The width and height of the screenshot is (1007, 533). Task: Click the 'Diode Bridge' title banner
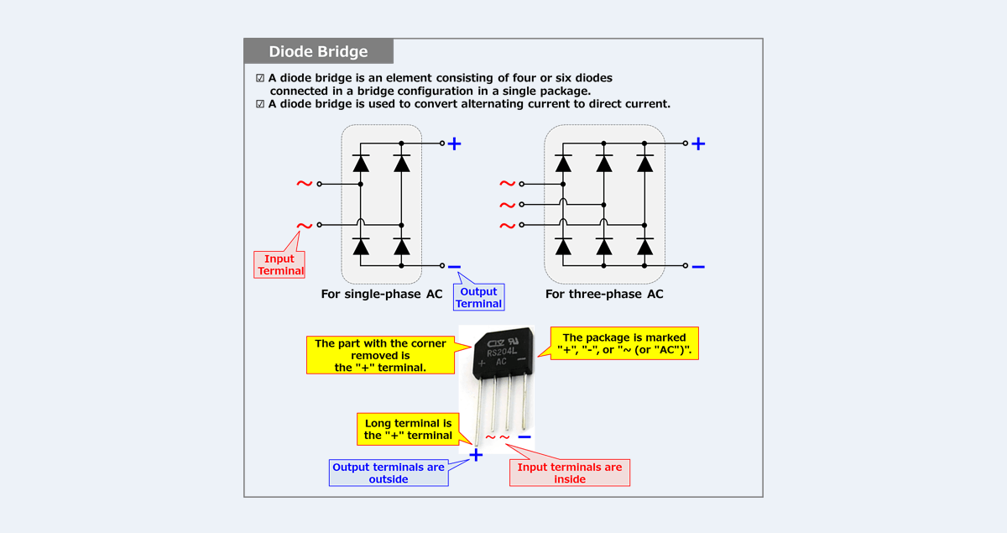tap(318, 51)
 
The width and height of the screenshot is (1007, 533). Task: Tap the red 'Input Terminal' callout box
tap(280, 264)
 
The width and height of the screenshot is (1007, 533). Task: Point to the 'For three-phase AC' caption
tap(603, 295)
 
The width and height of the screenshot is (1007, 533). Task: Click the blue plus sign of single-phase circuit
tap(454, 144)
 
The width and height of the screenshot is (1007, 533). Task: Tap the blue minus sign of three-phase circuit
tap(697, 267)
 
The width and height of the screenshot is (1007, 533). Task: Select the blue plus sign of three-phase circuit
tap(697, 144)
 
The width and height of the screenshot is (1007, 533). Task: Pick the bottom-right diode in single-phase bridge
tap(402, 246)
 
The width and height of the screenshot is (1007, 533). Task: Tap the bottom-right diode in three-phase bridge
tap(645, 246)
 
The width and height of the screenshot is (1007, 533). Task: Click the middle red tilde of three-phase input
tap(507, 205)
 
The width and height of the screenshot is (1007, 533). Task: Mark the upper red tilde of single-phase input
tap(304, 184)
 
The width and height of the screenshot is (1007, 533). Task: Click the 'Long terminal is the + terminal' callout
tap(408, 430)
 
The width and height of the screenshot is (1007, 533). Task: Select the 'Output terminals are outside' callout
tap(388, 473)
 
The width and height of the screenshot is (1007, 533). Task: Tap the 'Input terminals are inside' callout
tap(570, 473)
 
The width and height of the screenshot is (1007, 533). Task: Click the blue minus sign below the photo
tap(524, 436)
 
